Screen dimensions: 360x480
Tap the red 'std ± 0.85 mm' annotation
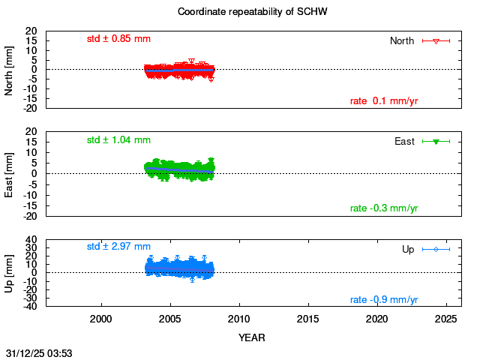click(118, 38)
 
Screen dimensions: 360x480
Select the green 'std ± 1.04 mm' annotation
click(118, 139)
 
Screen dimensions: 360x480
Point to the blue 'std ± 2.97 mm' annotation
click(118, 246)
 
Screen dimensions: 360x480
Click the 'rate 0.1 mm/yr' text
click(384, 101)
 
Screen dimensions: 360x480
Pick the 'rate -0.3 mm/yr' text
click(384, 208)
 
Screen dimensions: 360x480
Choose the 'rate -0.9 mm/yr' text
click(384, 300)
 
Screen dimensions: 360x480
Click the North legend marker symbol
click(436, 41)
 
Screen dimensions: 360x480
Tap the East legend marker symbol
click(436, 142)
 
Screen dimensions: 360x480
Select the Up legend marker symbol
click(436, 249)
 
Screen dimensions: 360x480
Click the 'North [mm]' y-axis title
click(10, 70)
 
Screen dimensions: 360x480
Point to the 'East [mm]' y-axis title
click(10, 174)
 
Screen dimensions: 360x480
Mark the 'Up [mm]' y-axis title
click(10, 273)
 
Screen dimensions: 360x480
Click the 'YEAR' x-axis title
click(252, 337)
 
